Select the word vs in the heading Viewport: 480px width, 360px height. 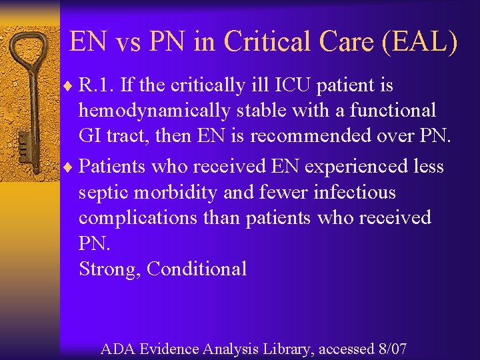coord(125,41)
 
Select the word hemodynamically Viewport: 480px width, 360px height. coord(155,110)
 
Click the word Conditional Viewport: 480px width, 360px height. coord(197,269)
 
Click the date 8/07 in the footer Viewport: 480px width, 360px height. coord(391,347)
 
